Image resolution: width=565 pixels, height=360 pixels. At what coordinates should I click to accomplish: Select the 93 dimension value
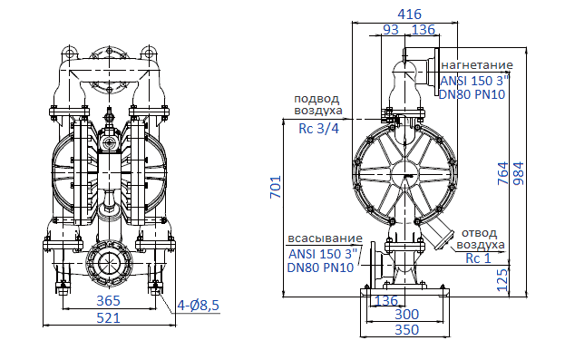point(392,30)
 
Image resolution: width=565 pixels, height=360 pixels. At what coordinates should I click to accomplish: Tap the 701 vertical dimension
point(277,187)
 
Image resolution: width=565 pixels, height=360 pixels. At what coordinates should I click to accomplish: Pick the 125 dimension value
point(503,276)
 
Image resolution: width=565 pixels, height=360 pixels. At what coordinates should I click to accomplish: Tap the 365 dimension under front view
point(108,300)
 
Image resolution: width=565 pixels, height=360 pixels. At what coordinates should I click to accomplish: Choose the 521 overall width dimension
point(108,317)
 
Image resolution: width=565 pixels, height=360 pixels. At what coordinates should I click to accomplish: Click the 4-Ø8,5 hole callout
point(199,305)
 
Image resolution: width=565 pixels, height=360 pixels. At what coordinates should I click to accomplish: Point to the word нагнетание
point(476,65)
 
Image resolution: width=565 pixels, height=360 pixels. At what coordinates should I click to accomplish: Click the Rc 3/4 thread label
point(318,128)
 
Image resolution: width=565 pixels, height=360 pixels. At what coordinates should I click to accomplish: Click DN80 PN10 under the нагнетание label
point(473,93)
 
